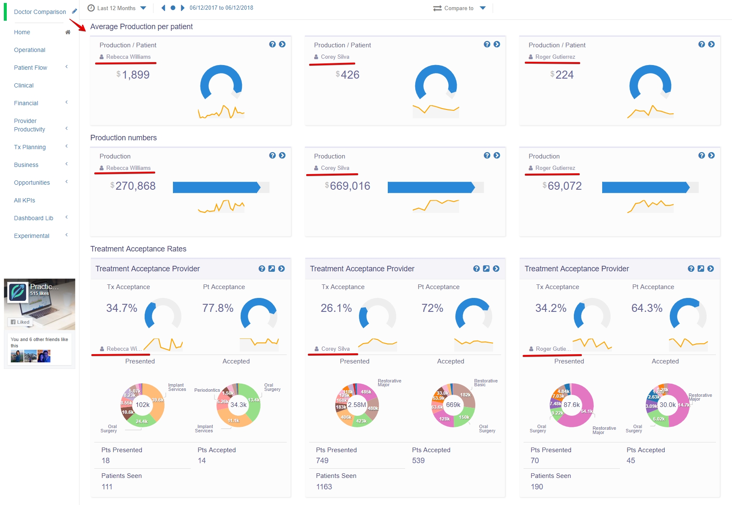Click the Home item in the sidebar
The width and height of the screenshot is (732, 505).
point(22,32)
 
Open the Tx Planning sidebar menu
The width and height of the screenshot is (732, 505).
point(30,147)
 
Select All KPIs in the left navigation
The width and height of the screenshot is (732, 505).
point(25,200)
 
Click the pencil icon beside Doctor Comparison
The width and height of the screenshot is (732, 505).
point(74,11)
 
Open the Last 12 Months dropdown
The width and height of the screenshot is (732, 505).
point(117,8)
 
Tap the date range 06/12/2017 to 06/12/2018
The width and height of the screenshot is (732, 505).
point(221,8)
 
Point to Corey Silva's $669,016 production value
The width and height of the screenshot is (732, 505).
point(350,186)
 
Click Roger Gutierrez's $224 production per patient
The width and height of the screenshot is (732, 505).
point(564,75)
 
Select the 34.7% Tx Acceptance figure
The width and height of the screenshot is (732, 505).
point(122,308)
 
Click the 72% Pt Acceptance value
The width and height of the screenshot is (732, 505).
point(432,308)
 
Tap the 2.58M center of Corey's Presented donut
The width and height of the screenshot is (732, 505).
point(357,405)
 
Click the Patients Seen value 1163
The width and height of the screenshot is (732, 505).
point(324,487)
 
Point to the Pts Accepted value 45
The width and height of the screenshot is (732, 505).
point(631,461)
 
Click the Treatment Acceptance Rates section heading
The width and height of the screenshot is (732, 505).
point(138,249)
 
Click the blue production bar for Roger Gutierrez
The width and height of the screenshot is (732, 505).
point(645,187)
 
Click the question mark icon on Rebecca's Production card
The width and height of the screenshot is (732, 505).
point(272,156)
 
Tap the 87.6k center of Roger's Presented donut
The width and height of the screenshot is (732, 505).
point(571,405)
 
